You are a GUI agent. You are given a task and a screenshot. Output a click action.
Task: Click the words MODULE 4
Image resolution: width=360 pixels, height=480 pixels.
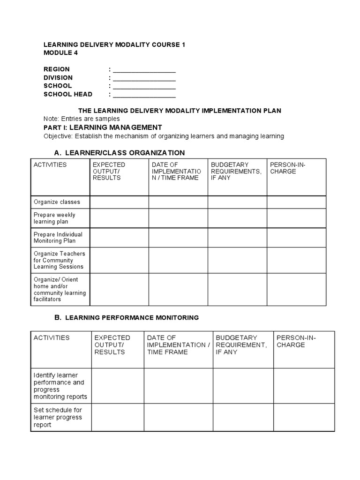coord(60,53)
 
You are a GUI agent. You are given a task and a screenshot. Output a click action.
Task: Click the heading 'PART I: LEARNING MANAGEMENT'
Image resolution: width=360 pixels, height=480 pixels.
coord(103,127)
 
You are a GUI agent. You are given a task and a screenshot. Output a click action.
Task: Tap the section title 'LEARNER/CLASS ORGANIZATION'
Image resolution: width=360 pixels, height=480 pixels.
coord(125,153)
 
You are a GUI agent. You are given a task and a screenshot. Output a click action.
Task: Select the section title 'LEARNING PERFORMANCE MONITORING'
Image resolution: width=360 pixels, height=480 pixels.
coord(132,318)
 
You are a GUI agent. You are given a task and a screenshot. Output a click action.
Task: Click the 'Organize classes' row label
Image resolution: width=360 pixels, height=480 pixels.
coord(57,202)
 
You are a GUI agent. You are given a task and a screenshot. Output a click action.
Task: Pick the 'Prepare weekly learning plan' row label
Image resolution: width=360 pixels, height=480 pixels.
coord(54,218)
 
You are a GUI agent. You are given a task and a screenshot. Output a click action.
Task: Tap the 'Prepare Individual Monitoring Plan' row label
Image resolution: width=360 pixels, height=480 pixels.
coord(58,238)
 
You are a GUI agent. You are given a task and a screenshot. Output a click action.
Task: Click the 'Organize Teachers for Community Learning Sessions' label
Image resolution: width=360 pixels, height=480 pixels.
coord(59,260)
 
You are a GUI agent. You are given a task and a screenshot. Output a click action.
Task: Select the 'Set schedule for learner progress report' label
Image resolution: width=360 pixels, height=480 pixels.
coord(58,417)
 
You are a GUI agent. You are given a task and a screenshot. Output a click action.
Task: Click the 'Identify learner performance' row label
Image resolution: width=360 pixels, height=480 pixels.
coord(60,386)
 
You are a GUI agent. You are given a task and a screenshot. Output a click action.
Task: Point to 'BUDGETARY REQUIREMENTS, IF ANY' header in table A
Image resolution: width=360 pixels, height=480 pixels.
coord(236,171)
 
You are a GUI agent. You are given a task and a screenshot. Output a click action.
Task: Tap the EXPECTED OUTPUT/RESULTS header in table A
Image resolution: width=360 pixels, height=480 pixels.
coord(109,171)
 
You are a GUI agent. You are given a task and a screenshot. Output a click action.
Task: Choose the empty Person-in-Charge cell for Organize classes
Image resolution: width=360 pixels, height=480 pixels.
coord(296,202)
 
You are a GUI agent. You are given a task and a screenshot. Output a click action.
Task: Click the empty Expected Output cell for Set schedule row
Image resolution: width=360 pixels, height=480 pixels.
coord(117,417)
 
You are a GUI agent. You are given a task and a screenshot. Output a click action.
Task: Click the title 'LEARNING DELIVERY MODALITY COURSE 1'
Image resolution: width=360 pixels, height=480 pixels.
coord(114,45)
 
